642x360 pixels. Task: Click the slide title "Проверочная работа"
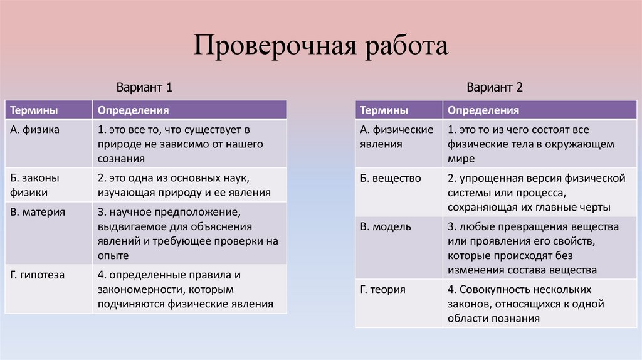[x=320, y=46]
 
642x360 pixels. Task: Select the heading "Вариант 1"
[x=144, y=88]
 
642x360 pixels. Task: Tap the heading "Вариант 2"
[x=494, y=88]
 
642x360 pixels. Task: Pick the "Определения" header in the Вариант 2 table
[x=483, y=110]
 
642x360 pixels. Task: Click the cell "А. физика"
[x=35, y=130]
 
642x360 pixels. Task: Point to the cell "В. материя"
[x=38, y=212]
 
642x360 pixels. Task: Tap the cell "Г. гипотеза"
[x=38, y=275]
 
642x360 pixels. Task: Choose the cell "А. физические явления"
[x=397, y=137]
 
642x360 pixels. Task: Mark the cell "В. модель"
[x=386, y=226]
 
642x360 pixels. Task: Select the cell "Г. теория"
[x=383, y=289]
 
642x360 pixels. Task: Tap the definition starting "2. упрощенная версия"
[x=537, y=193]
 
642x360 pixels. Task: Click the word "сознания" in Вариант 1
[x=117, y=159]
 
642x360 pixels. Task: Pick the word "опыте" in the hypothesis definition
[x=113, y=255]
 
